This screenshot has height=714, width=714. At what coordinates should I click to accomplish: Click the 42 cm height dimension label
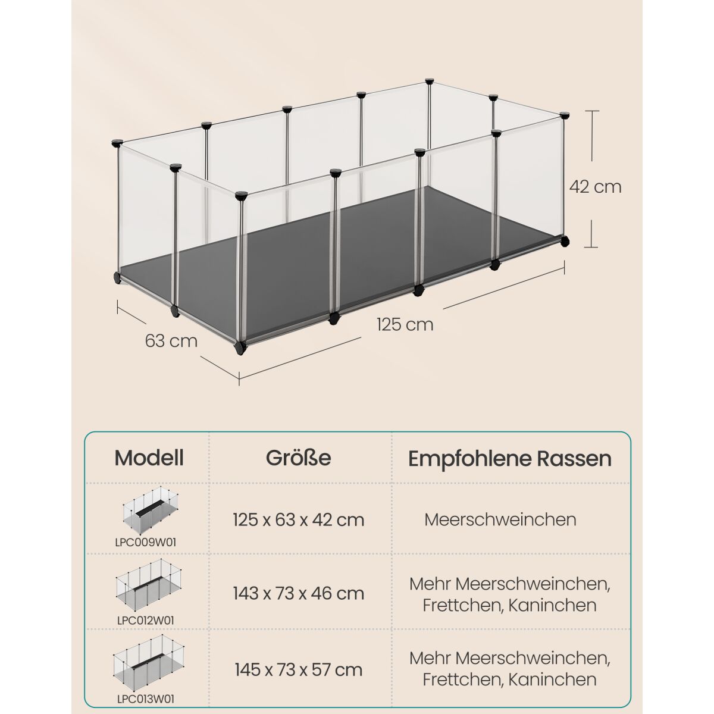click(x=595, y=187)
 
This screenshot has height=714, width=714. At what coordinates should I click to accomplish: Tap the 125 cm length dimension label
click(x=405, y=325)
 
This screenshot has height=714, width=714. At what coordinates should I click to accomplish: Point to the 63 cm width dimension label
click(x=171, y=341)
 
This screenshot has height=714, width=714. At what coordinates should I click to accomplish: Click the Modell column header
click(x=149, y=458)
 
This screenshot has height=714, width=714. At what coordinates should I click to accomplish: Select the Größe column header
click(x=298, y=458)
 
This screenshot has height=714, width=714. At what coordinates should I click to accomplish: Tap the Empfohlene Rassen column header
click(x=510, y=459)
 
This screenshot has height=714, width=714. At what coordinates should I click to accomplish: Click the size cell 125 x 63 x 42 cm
click(x=299, y=520)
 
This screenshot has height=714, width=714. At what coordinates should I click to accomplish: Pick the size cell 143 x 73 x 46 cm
click(x=299, y=594)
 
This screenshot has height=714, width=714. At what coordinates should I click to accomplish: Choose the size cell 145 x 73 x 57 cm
click(x=299, y=670)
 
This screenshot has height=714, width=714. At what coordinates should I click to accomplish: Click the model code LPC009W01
click(x=146, y=543)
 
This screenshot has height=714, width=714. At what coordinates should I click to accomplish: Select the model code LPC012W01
click(x=146, y=621)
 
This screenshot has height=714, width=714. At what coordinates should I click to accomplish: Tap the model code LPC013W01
click(x=146, y=699)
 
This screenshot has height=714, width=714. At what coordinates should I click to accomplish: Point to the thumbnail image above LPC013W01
click(x=149, y=663)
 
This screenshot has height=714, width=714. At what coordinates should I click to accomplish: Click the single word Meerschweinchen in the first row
click(x=500, y=520)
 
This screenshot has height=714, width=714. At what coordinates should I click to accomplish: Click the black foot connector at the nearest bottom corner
click(x=240, y=348)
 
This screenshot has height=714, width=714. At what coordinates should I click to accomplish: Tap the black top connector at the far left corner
click(x=117, y=143)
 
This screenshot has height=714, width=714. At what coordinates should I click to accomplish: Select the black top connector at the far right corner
click(x=564, y=115)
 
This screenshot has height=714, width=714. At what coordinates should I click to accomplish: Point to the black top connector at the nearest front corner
click(x=241, y=195)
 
